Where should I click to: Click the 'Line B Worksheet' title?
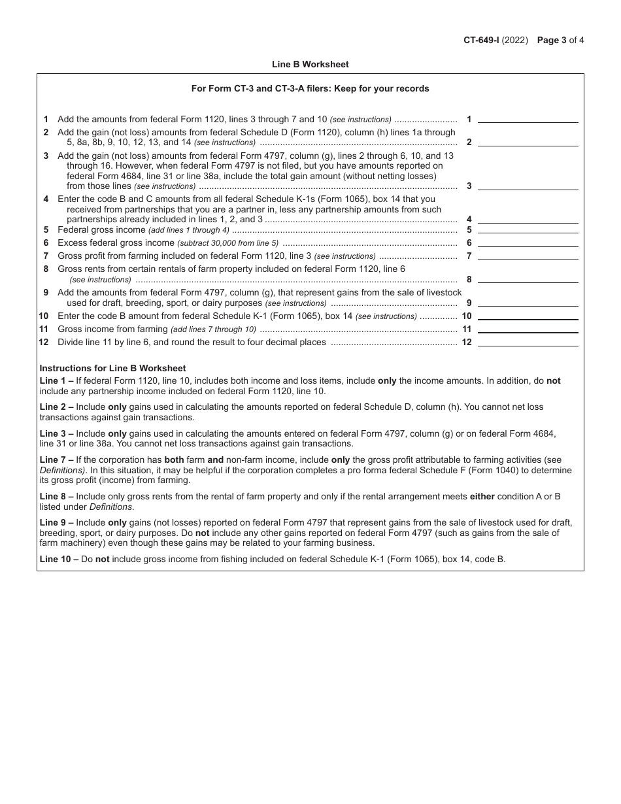tap(310, 64)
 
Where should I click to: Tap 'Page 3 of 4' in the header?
tap(560, 40)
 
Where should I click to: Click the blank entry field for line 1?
tap(528, 118)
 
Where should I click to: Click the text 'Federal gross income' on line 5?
tap(101, 230)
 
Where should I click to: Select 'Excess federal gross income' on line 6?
tap(116, 243)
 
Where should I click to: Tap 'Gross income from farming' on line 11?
tap(112, 329)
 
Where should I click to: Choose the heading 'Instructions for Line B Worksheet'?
tap(112, 368)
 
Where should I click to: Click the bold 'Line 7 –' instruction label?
tap(56, 460)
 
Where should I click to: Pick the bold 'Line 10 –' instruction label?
tap(59, 560)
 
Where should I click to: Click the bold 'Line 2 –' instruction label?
tap(56, 407)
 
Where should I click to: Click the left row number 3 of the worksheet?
tap(46, 156)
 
